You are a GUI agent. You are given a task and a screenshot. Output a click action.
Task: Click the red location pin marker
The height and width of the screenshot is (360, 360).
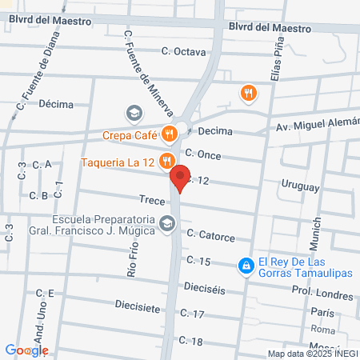[181, 178]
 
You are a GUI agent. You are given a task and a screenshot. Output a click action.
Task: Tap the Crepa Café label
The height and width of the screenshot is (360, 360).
[128, 135]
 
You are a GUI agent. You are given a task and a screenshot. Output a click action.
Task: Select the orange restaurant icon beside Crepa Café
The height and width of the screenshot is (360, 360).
[169, 134]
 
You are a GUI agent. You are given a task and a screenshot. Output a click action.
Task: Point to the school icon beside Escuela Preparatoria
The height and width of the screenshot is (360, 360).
[166, 223]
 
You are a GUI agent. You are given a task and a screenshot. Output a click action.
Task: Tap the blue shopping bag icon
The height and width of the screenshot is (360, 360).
[247, 264]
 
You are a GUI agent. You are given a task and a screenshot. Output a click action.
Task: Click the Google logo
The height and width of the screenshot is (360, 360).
[26, 350]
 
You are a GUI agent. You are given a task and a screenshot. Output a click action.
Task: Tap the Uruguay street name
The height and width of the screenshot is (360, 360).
[300, 185]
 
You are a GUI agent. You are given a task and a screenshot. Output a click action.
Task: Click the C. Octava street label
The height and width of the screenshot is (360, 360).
[183, 52]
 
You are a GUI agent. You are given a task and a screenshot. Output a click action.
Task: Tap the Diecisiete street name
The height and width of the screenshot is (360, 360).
[137, 307]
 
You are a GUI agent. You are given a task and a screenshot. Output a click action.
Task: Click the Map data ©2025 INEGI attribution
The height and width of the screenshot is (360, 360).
[311, 353]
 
